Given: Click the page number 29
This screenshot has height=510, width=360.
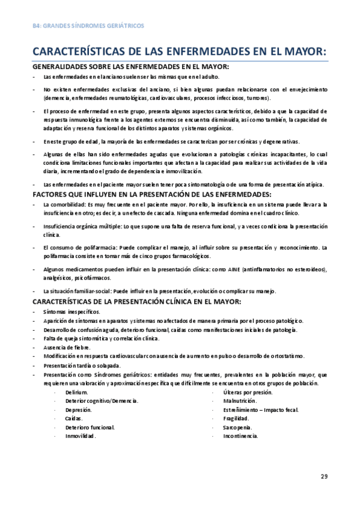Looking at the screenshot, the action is [x=324, y=476].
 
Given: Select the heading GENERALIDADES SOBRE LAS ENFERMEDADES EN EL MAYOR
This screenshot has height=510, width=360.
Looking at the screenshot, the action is [x=130, y=67].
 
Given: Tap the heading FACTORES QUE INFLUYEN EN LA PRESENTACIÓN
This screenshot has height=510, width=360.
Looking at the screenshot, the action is [x=151, y=194].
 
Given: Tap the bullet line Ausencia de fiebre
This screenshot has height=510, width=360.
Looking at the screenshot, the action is [x=67, y=347].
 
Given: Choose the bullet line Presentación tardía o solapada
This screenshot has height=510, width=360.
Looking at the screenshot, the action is [x=82, y=365].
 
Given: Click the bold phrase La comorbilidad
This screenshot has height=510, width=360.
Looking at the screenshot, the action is [x=65, y=204].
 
